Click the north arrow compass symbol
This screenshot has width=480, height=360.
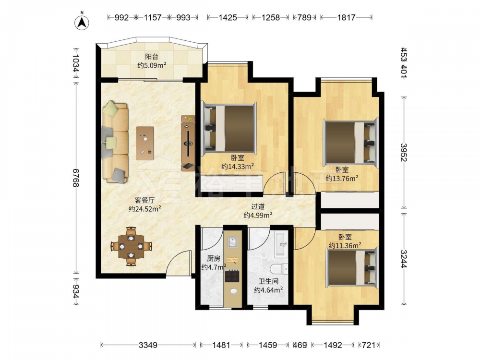click(82, 23)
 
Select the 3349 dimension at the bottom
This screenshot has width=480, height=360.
click(148, 345)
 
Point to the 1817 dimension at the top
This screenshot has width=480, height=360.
click(346, 17)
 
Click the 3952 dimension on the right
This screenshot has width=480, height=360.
click(404, 152)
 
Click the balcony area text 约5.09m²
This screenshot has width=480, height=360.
click(152, 65)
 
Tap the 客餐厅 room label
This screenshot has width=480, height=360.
click(144, 200)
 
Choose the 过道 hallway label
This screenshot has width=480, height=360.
click(258, 207)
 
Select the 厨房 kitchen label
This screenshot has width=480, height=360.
click(214, 259)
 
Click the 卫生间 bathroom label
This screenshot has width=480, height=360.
click(268, 281)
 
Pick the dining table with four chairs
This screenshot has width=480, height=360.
click(132, 246)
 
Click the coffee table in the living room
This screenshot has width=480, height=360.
click(145, 143)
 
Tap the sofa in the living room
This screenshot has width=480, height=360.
click(115, 143)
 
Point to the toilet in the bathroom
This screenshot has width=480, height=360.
click(279, 268)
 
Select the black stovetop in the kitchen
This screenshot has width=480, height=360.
click(232, 276)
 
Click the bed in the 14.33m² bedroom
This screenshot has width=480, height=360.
click(228, 128)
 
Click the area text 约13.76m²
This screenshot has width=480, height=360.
click(342, 178)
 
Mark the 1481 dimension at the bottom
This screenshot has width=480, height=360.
click(221, 345)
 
